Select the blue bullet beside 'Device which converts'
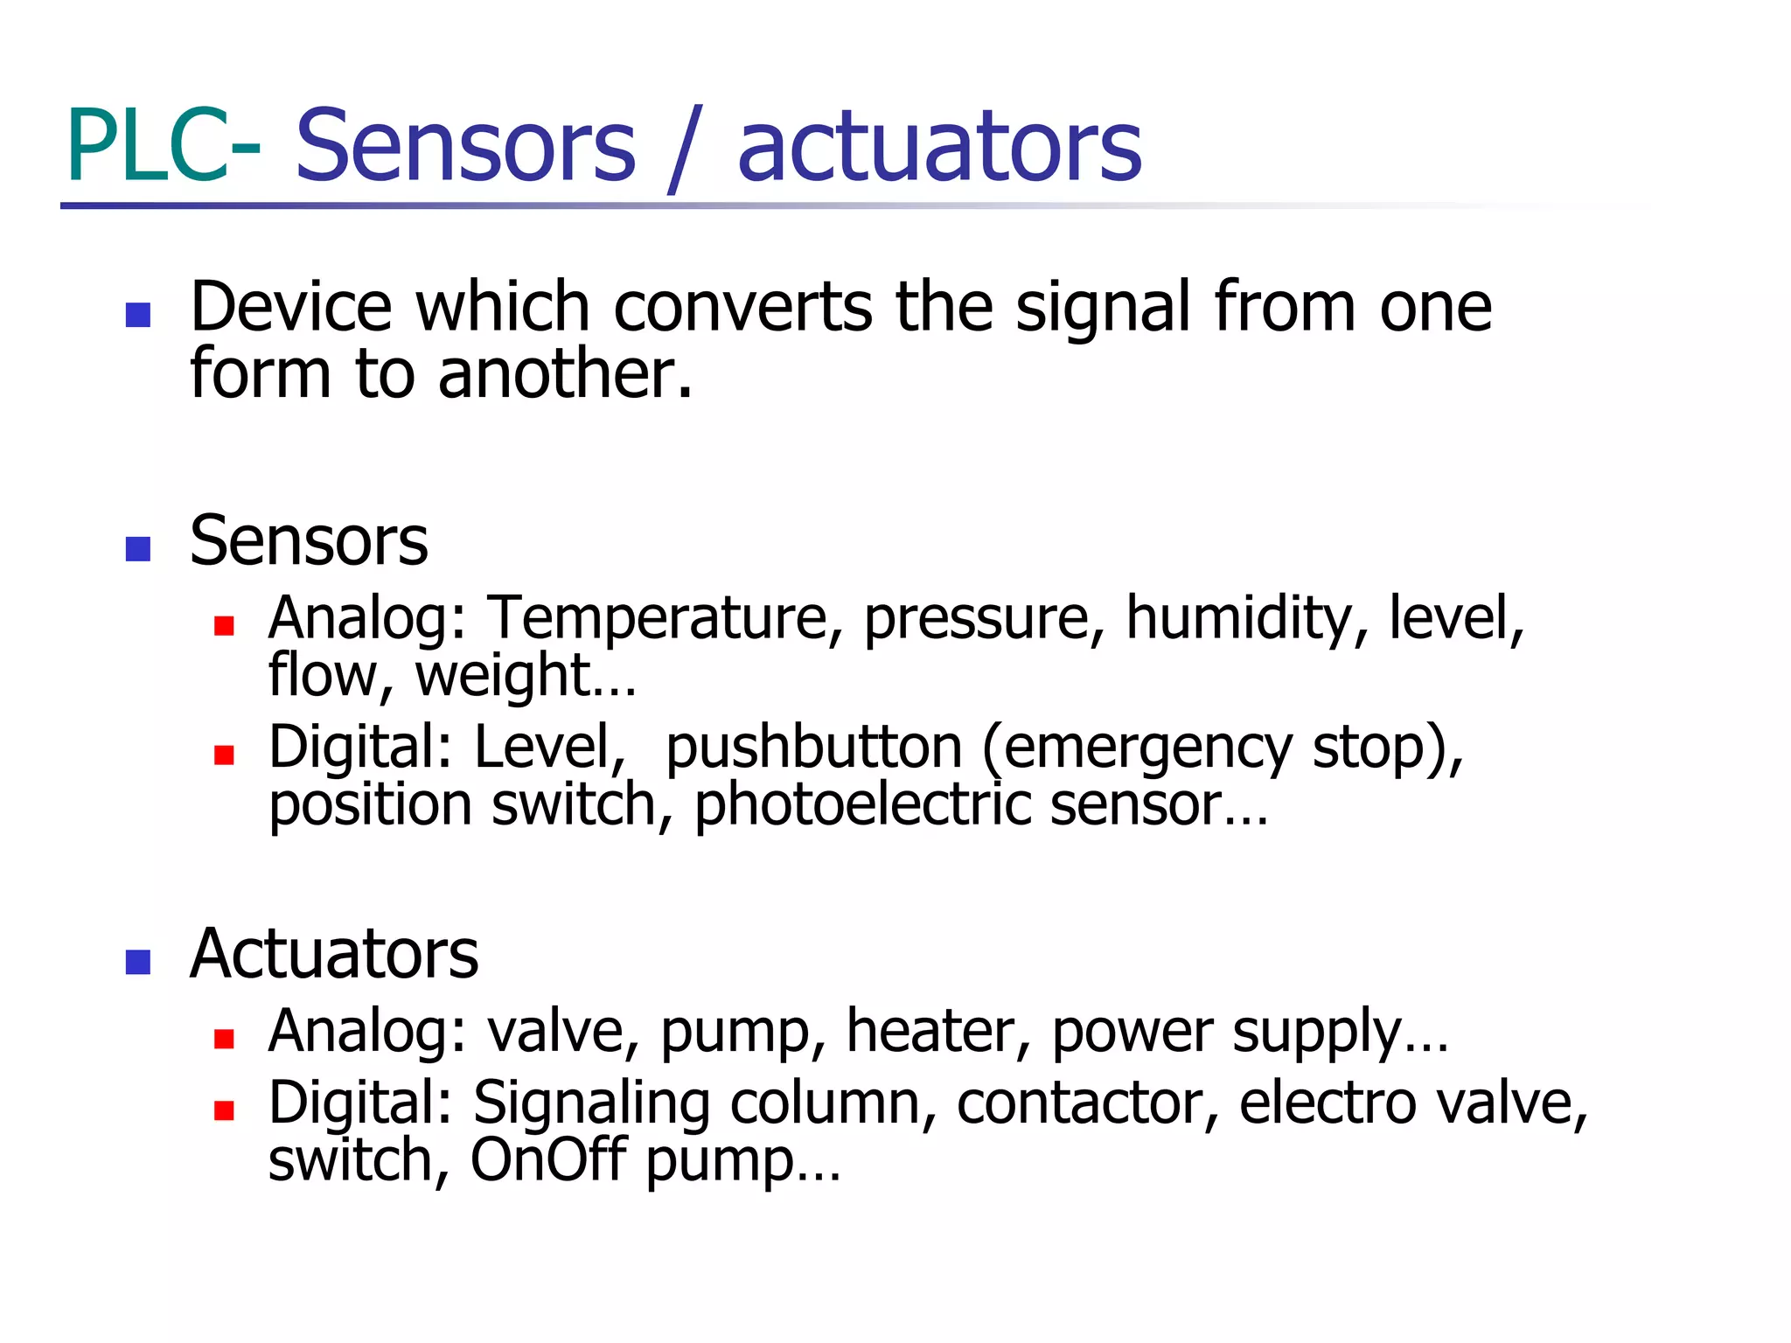pos(138,315)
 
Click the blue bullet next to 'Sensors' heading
pos(138,548)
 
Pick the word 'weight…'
pos(526,676)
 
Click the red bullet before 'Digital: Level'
pos(224,755)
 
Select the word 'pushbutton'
pos(813,748)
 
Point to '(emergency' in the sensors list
pos(1137,748)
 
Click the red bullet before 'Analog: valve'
pos(224,1039)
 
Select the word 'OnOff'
pos(547,1160)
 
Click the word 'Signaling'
pos(591,1103)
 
